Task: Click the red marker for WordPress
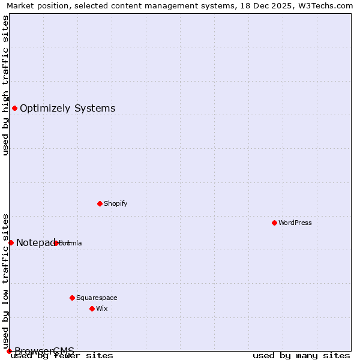(x=274, y=223)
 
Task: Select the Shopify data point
(x=100, y=203)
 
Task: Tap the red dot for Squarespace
(x=72, y=298)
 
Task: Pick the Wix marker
(x=92, y=308)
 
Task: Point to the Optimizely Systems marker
(x=14, y=108)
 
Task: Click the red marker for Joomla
(x=56, y=243)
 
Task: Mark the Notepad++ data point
(x=11, y=242)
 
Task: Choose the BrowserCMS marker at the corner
(x=9, y=351)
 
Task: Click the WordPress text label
(x=295, y=223)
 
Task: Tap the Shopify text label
(x=116, y=203)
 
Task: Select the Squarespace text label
(x=97, y=298)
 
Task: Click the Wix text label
(x=102, y=308)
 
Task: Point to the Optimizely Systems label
(x=68, y=109)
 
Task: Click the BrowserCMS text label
(x=44, y=351)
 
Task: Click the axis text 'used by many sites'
(x=301, y=356)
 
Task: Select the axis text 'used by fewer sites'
(x=62, y=356)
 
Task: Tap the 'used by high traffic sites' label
(x=5, y=85)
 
